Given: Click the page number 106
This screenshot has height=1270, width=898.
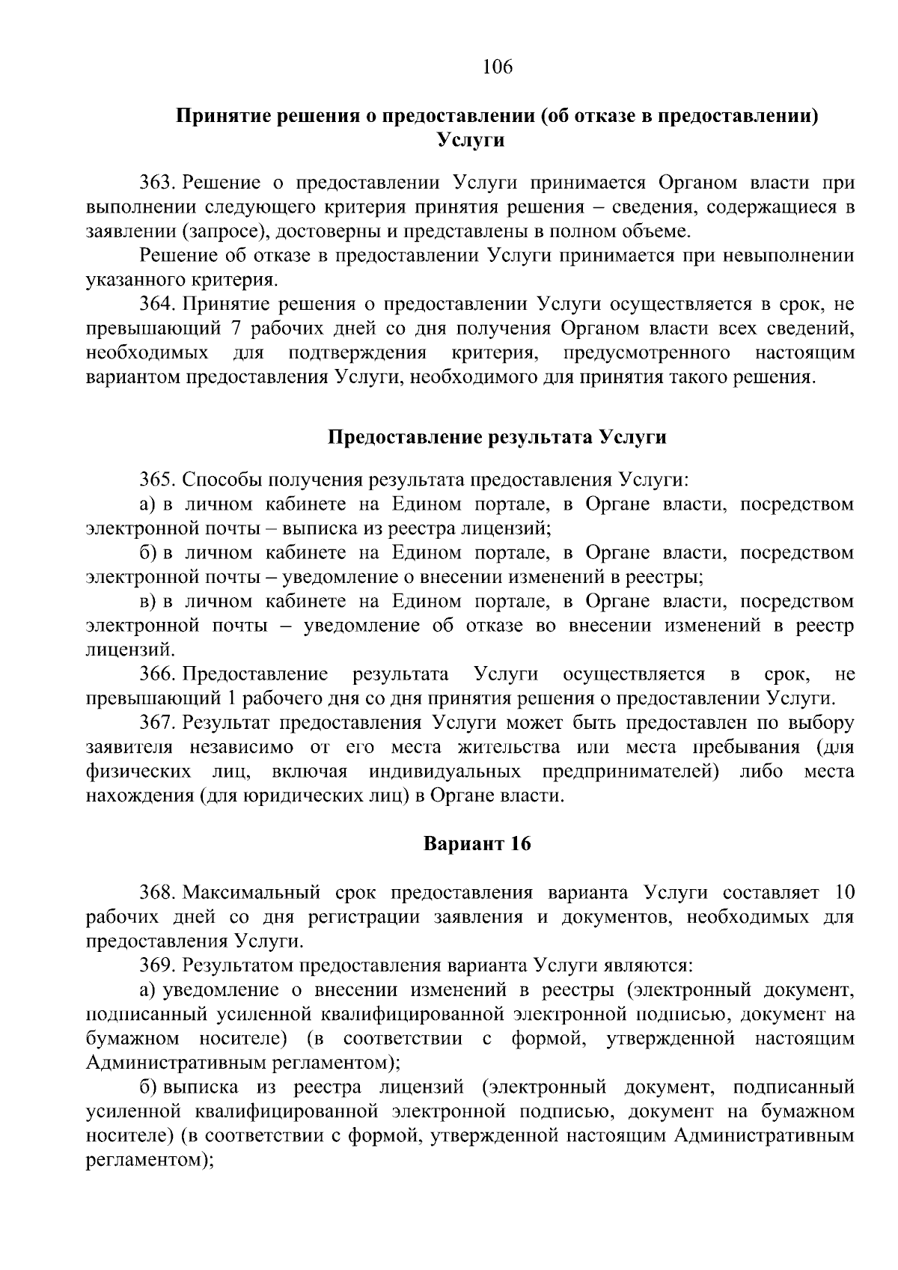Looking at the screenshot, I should click(498, 68).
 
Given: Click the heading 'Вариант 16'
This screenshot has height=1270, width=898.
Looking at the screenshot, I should click(477, 844).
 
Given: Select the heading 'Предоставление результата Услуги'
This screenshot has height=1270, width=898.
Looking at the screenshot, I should click(498, 437).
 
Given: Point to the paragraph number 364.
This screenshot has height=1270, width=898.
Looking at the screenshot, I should click(157, 304).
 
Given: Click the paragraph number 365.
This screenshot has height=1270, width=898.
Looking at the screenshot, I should click(157, 480).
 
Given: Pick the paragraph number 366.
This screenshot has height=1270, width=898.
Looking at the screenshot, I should click(157, 674).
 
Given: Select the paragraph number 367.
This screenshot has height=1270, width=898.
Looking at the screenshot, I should click(157, 723).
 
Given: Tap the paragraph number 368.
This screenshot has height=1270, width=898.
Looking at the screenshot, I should click(157, 893).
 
